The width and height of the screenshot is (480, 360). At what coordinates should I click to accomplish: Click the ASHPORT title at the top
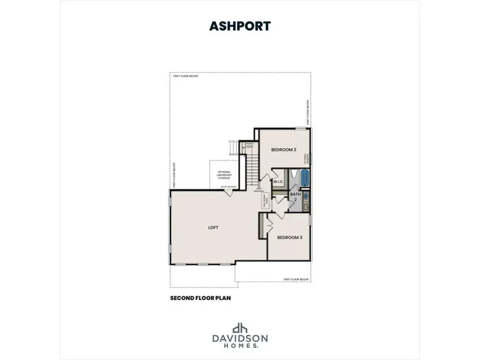[x=240, y=26]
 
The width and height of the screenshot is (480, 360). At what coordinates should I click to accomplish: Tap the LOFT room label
[x=212, y=228]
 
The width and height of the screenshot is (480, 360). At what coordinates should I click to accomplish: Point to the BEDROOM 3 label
[x=289, y=238]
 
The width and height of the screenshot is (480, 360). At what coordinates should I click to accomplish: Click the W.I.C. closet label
[x=278, y=181]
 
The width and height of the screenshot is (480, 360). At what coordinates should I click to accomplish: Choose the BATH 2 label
[x=295, y=197]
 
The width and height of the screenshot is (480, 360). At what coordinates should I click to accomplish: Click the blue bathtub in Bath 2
[x=304, y=178]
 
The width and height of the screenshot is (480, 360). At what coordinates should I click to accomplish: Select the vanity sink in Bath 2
[x=305, y=196]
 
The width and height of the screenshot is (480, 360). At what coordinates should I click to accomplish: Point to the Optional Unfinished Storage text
[x=224, y=175]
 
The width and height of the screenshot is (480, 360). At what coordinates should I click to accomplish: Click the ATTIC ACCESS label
[x=229, y=187]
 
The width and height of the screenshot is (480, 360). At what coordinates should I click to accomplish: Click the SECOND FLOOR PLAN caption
[x=200, y=297]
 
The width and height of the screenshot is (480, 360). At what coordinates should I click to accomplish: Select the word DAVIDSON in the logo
[x=240, y=339]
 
